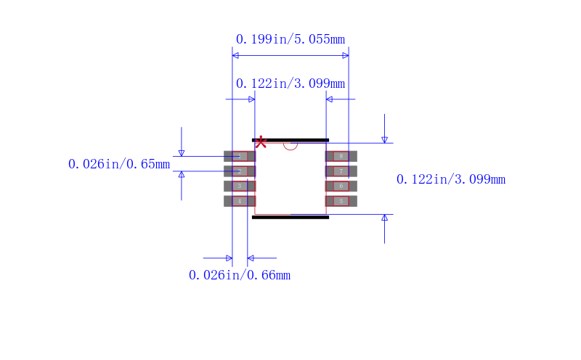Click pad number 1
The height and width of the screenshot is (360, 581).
click(240, 156)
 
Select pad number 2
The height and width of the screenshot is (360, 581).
click(240, 171)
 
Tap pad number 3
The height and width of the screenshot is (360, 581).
click(240, 186)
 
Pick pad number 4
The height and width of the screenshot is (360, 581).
click(240, 201)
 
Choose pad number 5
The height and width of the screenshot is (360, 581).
click(341, 201)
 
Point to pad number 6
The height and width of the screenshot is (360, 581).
click(341, 186)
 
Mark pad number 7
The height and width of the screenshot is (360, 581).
click(341, 171)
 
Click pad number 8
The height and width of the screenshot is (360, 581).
click(341, 156)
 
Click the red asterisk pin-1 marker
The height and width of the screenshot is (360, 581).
click(261, 142)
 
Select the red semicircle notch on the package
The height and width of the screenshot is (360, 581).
click(290, 145)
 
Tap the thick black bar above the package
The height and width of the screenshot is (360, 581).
click(290, 139)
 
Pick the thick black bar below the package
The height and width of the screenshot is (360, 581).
click(290, 217)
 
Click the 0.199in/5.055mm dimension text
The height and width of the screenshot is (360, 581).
click(290, 39)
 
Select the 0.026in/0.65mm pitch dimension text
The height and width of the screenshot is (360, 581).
click(119, 164)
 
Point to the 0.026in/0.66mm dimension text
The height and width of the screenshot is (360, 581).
click(240, 275)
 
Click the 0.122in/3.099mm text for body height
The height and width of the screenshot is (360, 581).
click(450, 179)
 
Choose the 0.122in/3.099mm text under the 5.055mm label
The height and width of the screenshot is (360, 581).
click(290, 83)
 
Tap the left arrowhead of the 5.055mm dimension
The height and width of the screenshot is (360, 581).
click(235, 55)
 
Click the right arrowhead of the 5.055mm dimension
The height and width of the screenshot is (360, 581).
click(346, 55)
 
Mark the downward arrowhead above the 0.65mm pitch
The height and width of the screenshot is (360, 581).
click(182, 152)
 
